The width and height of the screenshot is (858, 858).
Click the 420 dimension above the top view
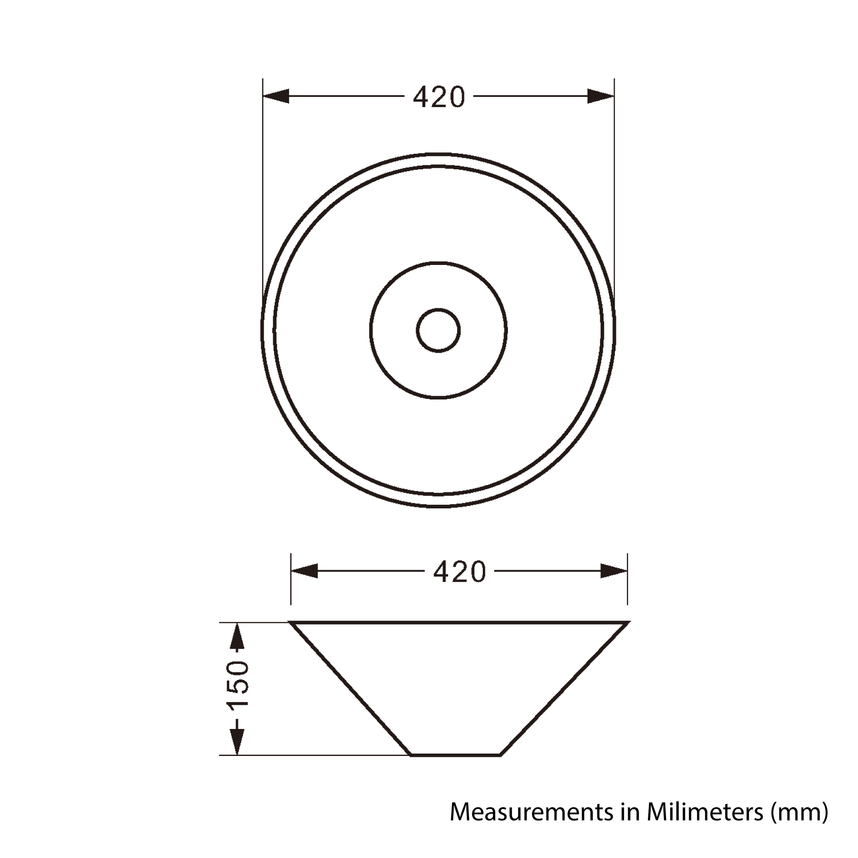[x=439, y=97]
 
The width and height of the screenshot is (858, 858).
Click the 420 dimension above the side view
[x=459, y=572]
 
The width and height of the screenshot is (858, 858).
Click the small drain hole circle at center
[x=438, y=330]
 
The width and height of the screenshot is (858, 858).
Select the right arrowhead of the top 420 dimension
[x=600, y=97]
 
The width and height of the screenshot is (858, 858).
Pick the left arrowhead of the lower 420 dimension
[x=305, y=572]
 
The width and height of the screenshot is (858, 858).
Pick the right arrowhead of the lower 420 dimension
[x=613, y=572]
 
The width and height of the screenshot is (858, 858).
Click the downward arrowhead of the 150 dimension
[x=237, y=742]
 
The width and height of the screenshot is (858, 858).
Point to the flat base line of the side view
[x=455, y=755]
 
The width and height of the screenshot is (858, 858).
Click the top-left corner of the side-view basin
[x=291, y=623]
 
